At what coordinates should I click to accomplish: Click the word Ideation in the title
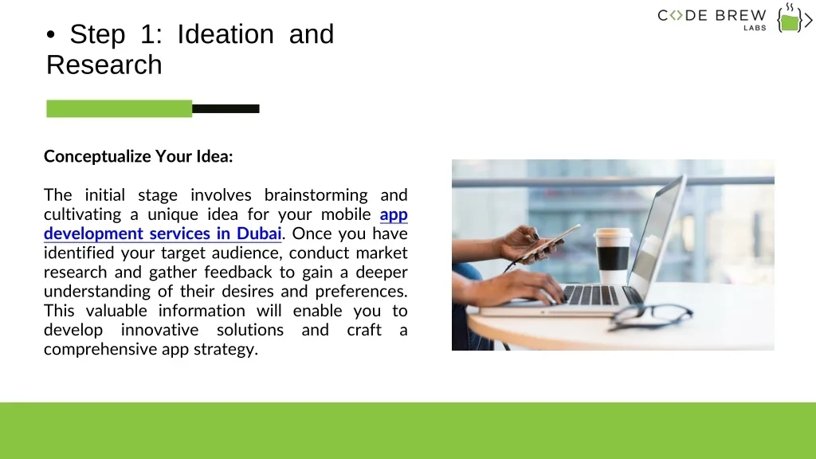coord(226,34)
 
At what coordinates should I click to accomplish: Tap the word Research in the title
coord(104,65)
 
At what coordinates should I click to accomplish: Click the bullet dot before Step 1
coord(50,35)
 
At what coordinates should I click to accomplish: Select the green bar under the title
coord(120,108)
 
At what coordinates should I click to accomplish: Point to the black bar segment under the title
coord(226,108)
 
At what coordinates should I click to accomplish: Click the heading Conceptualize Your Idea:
coord(139,156)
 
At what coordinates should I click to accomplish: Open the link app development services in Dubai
coord(226,224)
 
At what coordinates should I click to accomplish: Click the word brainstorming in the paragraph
coord(316,195)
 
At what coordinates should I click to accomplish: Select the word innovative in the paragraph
coord(159,330)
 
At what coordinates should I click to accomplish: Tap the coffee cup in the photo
coord(613,256)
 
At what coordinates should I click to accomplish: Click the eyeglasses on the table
coord(650,316)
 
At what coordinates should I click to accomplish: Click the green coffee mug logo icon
coord(790,20)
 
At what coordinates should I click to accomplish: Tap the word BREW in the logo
coord(740,16)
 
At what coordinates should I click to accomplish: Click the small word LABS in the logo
coord(755,28)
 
